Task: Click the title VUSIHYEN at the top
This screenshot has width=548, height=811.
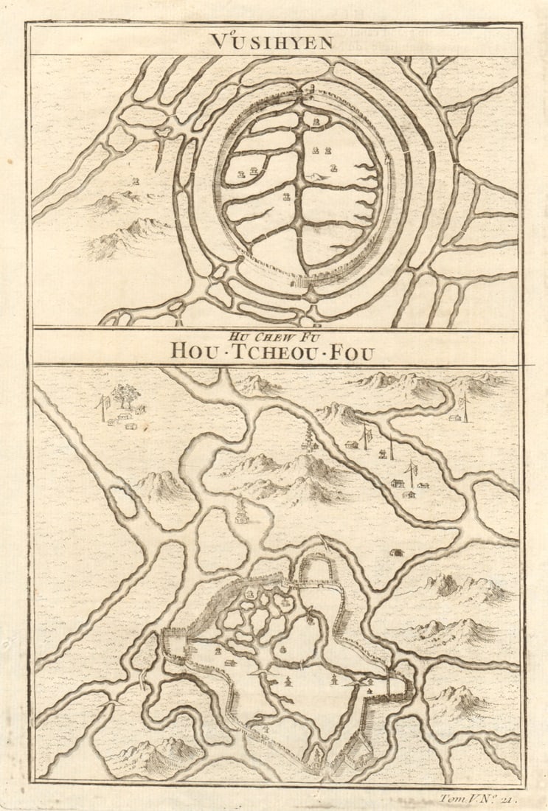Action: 271,42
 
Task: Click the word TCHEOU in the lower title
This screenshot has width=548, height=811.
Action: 272,352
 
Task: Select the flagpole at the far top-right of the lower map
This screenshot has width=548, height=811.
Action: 465,405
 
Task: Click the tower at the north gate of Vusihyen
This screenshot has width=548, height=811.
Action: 311,92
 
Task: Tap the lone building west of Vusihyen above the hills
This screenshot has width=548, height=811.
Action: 135,181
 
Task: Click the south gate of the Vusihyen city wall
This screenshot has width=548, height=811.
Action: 299,281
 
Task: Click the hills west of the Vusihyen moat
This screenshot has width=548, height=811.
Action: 122,221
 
